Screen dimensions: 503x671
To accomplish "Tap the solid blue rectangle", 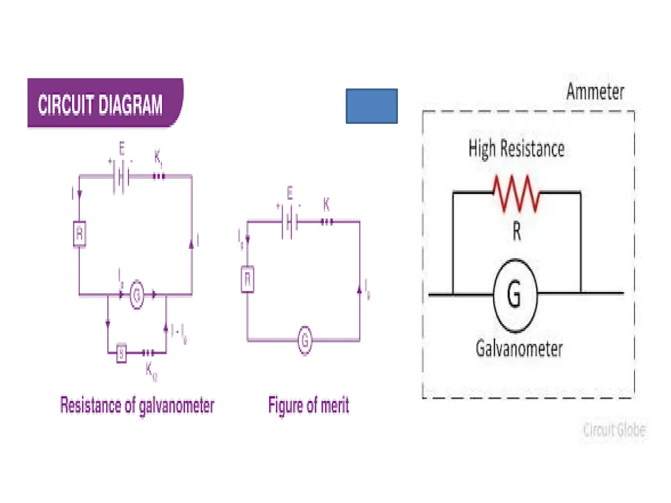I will click(372, 106).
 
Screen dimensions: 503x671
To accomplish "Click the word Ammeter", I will click(595, 92).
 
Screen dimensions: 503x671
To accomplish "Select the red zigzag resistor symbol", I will click(516, 194).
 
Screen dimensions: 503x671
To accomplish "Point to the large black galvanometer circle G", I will click(515, 295).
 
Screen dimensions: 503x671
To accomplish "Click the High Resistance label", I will click(516, 149).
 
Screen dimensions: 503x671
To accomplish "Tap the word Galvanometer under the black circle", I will click(519, 349).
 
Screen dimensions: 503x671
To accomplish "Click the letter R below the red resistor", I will click(516, 232).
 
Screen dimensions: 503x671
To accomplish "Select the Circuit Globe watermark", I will click(614, 430).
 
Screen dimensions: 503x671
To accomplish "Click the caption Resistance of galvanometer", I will click(137, 405).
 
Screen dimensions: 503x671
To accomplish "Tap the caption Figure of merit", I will click(308, 405).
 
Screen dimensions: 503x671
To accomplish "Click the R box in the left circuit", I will click(79, 234).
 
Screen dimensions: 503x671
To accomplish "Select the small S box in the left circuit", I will click(121, 353).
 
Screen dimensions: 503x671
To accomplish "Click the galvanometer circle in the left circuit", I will click(137, 295).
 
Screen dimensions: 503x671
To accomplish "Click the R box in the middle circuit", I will click(247, 279).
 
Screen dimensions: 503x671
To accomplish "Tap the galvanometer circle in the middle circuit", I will click(305, 340).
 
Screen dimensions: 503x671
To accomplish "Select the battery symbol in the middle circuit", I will click(289, 222).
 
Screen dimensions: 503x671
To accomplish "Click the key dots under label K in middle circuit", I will click(327, 222).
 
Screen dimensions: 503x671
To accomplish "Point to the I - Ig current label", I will click(179, 332).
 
